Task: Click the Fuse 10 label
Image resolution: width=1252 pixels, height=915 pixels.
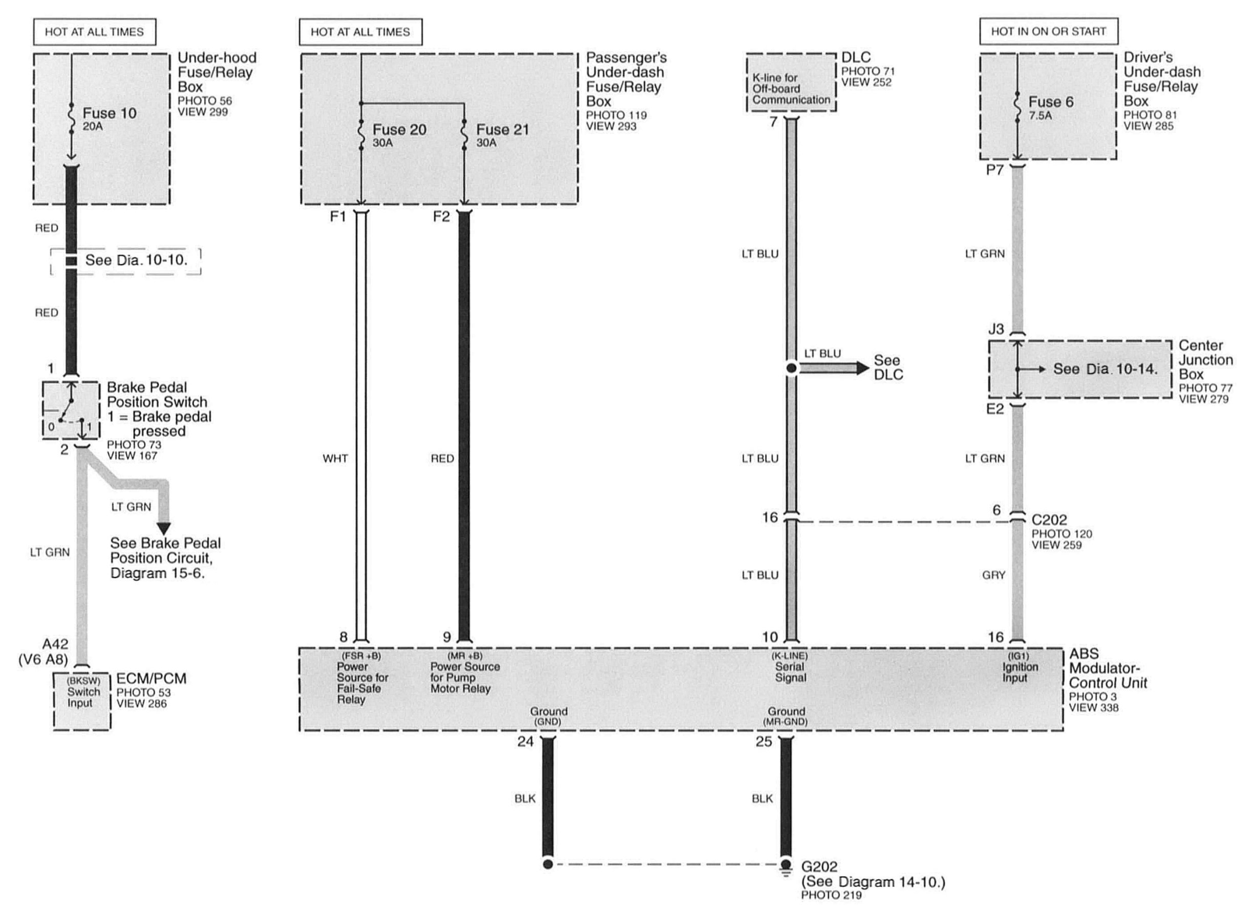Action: [109, 114]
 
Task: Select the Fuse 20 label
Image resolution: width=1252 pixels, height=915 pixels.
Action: [399, 129]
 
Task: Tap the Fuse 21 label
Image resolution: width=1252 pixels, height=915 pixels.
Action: [502, 129]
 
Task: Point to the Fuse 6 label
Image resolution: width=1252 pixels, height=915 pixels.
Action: [1050, 102]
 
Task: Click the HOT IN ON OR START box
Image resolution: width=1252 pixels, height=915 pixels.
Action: [1048, 32]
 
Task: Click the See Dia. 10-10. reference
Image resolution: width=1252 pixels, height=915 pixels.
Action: [136, 260]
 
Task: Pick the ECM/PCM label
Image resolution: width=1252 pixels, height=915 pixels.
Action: [151, 679]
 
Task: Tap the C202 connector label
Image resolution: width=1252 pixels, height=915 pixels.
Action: [1049, 519]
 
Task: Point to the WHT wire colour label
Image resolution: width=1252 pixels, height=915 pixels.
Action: [335, 459]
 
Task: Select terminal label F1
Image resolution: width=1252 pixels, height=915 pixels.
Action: [337, 216]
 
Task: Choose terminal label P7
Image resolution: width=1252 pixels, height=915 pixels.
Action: [994, 170]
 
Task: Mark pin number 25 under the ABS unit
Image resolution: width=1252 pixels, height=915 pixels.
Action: [763, 742]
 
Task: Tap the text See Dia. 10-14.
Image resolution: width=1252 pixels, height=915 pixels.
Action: [1105, 369]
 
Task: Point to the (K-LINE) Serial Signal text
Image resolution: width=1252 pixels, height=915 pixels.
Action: [790, 667]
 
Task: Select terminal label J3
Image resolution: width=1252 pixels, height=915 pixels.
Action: [995, 329]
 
